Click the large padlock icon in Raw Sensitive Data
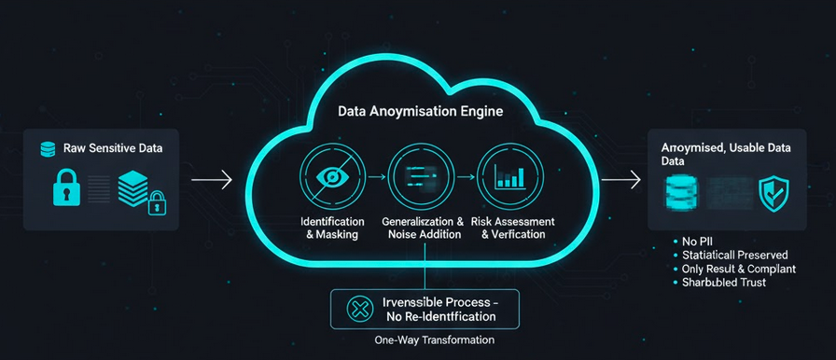pos(67,189)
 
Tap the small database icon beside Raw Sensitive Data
pos(48,149)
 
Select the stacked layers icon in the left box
pos(132,187)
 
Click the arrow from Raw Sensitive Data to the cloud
pos(212,177)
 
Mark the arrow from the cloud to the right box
pos(620,177)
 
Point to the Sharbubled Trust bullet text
pos(724,282)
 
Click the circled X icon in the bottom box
pos(358,309)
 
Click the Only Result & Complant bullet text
pos(738,269)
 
